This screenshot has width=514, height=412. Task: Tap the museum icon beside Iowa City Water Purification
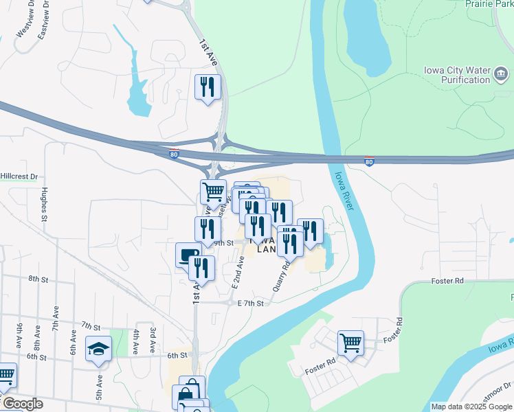pos(501,73)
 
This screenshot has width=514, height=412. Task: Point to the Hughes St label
pos(43,204)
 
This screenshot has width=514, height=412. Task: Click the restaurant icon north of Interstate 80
pos(208,87)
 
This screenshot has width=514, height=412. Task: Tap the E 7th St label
pos(250,303)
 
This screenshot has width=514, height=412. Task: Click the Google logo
pos(22,404)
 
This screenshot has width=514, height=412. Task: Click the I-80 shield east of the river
pos(370,163)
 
